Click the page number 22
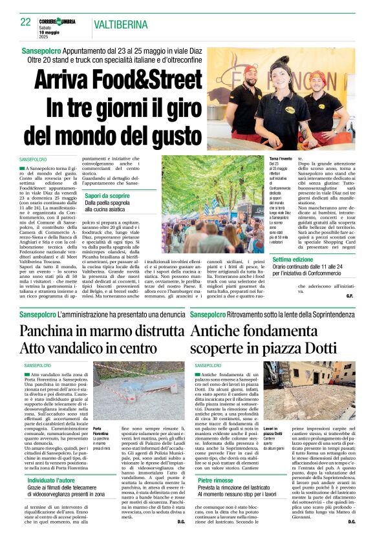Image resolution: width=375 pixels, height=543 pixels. pos(26,21)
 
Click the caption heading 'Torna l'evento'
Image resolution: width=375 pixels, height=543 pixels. pos(281,158)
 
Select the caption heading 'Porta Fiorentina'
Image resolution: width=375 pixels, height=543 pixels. pos(100,431)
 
